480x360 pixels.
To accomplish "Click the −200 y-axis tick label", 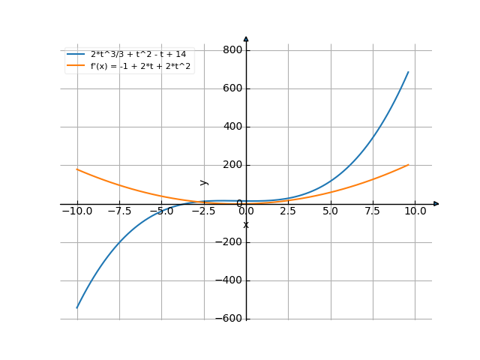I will click(228, 242).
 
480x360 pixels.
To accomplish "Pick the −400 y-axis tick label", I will click(228, 280).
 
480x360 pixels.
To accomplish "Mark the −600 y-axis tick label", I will click(228, 319).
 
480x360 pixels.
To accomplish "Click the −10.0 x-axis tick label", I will click(76, 211).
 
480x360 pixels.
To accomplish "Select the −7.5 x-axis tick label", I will click(119, 211).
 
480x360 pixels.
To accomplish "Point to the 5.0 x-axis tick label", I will click(331, 211).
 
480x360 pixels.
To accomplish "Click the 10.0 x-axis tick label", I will click(415, 211).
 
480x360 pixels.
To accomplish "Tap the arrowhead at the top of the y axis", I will click(246, 38).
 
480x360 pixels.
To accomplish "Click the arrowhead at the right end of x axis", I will click(436, 203).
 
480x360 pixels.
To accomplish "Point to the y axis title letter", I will click(203, 182).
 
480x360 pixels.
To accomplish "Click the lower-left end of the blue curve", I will click(77, 307).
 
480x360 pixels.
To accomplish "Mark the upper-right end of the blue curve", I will click(409, 71).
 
